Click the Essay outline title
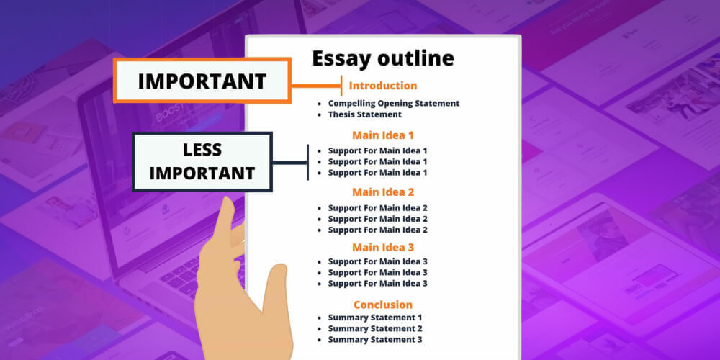pos(382,58)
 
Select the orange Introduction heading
pos(382,86)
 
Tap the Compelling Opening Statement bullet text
pos(393,103)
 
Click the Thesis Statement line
pos(364,114)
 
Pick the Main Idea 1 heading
pos(382,135)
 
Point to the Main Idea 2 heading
pos(382,192)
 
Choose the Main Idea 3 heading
pos(382,247)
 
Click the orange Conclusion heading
pos(382,305)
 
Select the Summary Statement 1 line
pos(374,318)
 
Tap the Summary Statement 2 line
pos(374,328)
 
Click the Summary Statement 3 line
pos(374,340)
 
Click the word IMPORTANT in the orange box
pos(202,81)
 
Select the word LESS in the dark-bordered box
pos(202,150)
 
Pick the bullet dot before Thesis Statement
pos(320,114)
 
